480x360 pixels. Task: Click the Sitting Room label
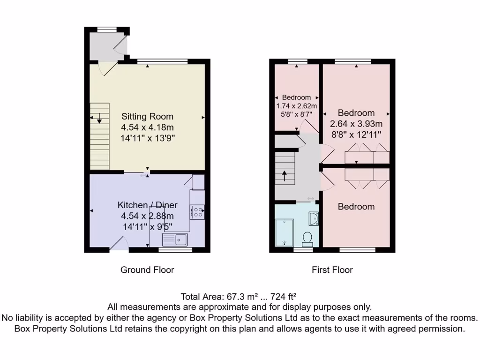click(x=147, y=116)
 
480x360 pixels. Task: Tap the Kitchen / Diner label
click(x=147, y=205)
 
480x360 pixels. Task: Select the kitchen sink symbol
click(x=175, y=240)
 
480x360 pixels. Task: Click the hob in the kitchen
click(x=197, y=212)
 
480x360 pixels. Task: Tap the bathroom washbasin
click(x=313, y=217)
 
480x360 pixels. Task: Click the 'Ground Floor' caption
click(x=147, y=270)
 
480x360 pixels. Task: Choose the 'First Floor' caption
click(x=332, y=270)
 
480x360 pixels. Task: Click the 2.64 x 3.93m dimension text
click(x=356, y=124)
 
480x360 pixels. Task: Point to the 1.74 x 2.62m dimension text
click(x=297, y=105)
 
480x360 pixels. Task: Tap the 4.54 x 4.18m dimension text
click(x=147, y=127)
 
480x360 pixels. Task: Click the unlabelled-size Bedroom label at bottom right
click(x=356, y=207)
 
